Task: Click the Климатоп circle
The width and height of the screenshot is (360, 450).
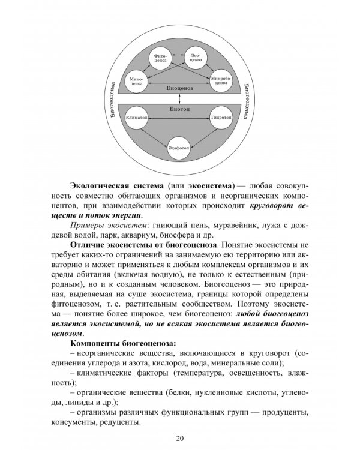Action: click(x=136, y=118)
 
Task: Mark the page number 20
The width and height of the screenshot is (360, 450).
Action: click(x=180, y=436)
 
